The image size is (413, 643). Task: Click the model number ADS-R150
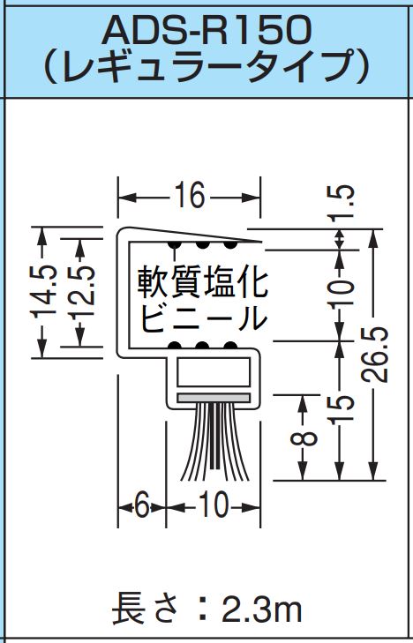(x=206, y=30)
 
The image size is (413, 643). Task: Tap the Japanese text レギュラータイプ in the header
(x=206, y=66)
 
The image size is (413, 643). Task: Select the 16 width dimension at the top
(x=189, y=195)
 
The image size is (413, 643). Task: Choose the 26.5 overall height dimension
(x=374, y=354)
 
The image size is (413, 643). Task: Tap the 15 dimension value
(x=341, y=409)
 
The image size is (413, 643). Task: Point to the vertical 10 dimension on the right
(x=341, y=293)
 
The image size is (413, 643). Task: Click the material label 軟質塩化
(x=203, y=282)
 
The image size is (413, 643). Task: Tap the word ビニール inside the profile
(x=203, y=318)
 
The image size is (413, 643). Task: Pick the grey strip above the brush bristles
(x=214, y=398)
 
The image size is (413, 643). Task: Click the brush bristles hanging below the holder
(x=214, y=442)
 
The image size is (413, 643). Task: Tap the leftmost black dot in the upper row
(x=175, y=244)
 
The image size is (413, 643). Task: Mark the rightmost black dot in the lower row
(x=230, y=345)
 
